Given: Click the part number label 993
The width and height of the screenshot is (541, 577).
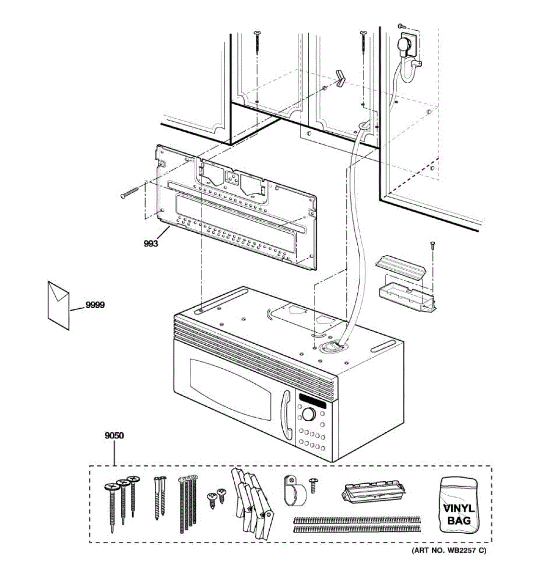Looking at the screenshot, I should click(151, 244).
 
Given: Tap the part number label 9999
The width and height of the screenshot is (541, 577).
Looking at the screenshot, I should click(95, 305).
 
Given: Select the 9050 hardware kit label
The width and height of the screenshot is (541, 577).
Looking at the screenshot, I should click(114, 436).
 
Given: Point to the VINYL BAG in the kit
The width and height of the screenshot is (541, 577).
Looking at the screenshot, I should click(458, 506).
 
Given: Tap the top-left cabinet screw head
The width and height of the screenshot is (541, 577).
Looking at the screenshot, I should click(258, 33).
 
